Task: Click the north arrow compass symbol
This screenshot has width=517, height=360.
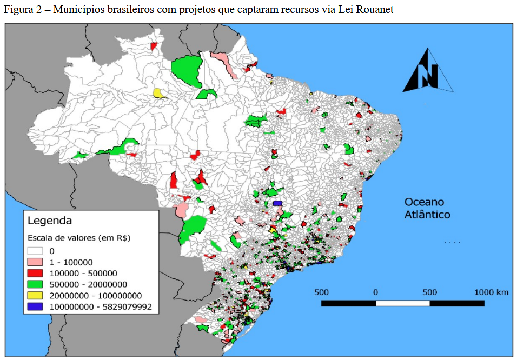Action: click(427, 71)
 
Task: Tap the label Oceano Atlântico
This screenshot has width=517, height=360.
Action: click(427, 208)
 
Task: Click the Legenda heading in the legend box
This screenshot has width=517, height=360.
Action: click(50, 221)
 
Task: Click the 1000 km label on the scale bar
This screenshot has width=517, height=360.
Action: click(491, 292)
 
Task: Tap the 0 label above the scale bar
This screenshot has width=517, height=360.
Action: click(375, 292)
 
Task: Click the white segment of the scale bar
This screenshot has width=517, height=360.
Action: click(402, 303)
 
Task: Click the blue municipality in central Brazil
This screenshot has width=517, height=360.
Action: click(278, 203)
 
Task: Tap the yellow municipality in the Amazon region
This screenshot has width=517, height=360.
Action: click(158, 93)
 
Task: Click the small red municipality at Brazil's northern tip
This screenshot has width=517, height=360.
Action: click(154, 46)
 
